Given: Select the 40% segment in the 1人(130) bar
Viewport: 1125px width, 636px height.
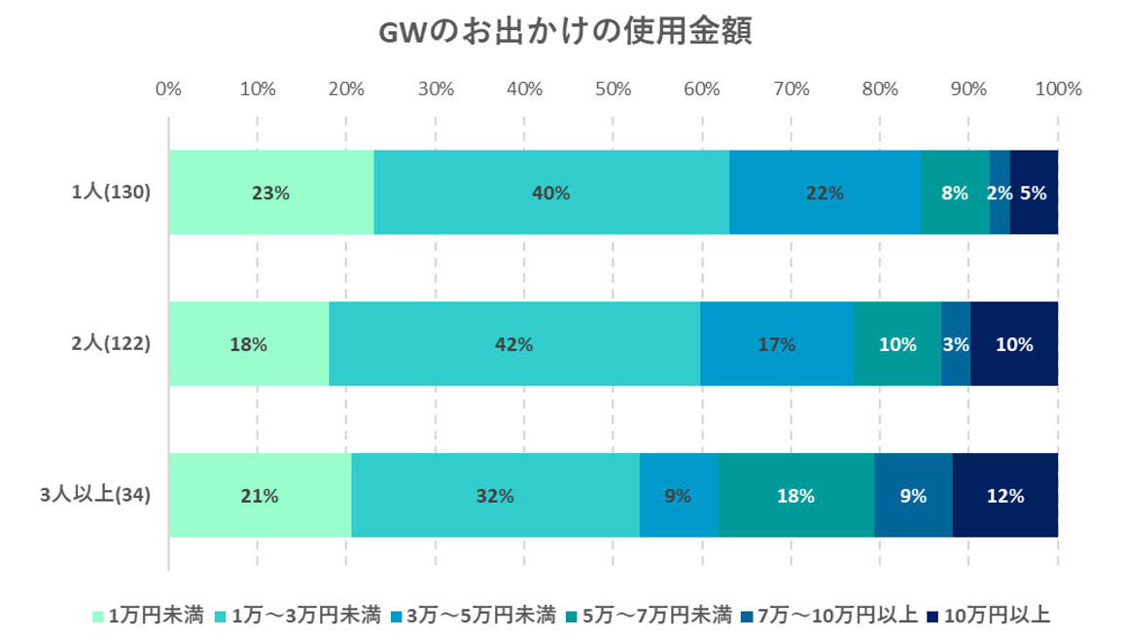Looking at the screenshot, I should [550, 193].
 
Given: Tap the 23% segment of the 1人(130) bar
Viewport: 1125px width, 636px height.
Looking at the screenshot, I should [270, 193].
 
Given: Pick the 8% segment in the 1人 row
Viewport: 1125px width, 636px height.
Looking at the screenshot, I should [955, 193].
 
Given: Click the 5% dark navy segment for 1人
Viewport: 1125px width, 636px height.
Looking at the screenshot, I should [1034, 193].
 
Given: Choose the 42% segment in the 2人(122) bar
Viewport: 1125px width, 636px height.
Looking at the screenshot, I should [513, 344].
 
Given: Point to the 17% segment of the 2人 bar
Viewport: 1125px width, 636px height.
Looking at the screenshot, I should [776, 344].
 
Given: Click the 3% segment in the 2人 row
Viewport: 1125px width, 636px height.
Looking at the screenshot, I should [956, 344].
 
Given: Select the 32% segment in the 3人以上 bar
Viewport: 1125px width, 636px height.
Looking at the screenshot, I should [495, 495].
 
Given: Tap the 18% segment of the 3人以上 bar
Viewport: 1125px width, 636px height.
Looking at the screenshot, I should [795, 495].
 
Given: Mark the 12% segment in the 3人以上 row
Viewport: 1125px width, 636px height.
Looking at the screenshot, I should [1005, 495].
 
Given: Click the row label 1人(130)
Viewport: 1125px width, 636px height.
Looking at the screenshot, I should [111, 193].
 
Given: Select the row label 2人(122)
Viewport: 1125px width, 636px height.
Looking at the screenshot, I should [111, 343].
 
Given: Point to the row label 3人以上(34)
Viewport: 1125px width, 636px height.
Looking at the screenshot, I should [95, 495].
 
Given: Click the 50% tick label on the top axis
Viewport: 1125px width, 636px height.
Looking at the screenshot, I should [614, 89].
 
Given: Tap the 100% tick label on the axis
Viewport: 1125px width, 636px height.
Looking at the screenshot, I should [1058, 89].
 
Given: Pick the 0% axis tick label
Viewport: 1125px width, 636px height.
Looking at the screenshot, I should [168, 89].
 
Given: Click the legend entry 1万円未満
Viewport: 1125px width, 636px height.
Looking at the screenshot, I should [148, 615].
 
